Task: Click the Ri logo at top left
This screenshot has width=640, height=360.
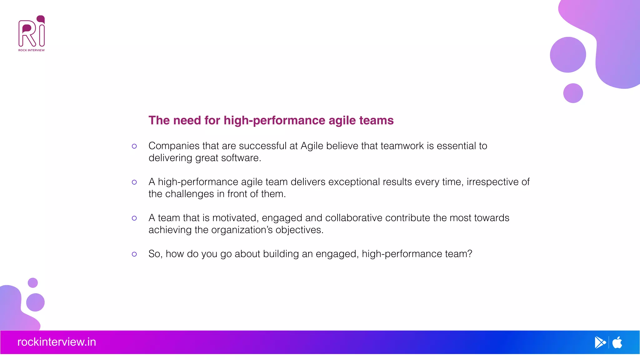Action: [x=32, y=31]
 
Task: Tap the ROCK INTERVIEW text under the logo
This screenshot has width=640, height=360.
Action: [x=32, y=50]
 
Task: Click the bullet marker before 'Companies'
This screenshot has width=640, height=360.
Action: [x=134, y=146]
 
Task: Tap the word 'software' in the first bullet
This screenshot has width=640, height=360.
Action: [x=240, y=158]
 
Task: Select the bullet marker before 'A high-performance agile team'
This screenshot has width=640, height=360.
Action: [x=134, y=182]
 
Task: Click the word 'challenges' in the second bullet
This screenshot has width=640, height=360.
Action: [x=189, y=194]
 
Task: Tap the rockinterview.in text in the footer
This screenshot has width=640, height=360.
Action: [x=57, y=342]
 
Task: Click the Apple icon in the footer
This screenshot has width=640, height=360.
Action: [x=617, y=342]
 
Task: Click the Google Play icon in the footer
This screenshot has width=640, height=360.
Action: [x=600, y=342]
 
